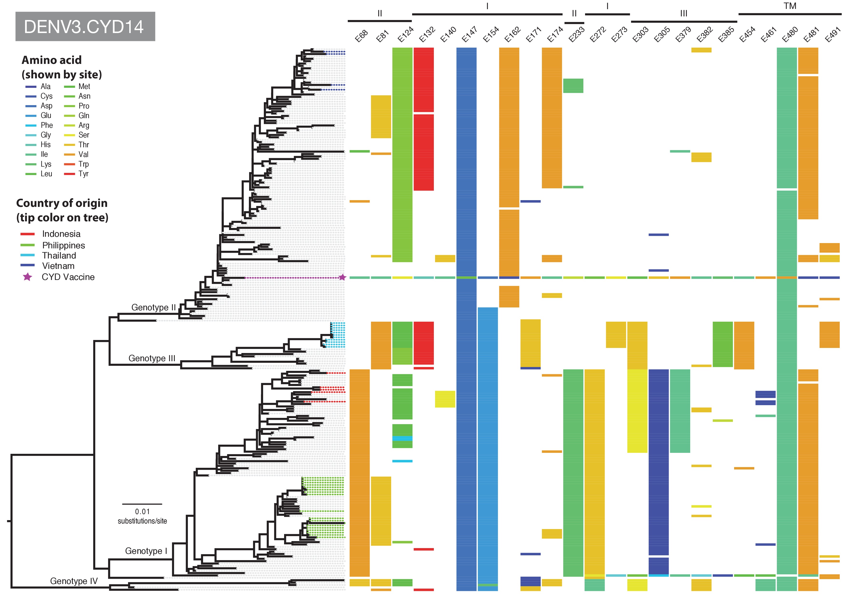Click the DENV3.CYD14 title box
pyautogui.click(x=85, y=27)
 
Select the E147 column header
pyautogui.click(x=470, y=35)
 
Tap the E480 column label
pyautogui.click(x=790, y=35)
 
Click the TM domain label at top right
pyautogui.click(x=790, y=6)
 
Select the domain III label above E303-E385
pyautogui.click(x=683, y=14)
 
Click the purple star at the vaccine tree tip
pyautogui.click(x=342, y=277)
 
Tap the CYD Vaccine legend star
pyautogui.click(x=27, y=277)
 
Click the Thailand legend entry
pyautogui.click(x=59, y=256)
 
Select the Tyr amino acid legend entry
pyautogui.click(x=83, y=174)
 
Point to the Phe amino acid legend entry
pyautogui.click(x=47, y=125)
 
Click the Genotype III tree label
pyautogui.click(x=152, y=358)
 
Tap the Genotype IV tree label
pyautogui.click(x=74, y=581)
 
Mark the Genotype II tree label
pyautogui.click(x=153, y=307)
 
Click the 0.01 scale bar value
pyautogui.click(x=142, y=511)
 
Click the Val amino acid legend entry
pyautogui.click(x=83, y=154)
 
